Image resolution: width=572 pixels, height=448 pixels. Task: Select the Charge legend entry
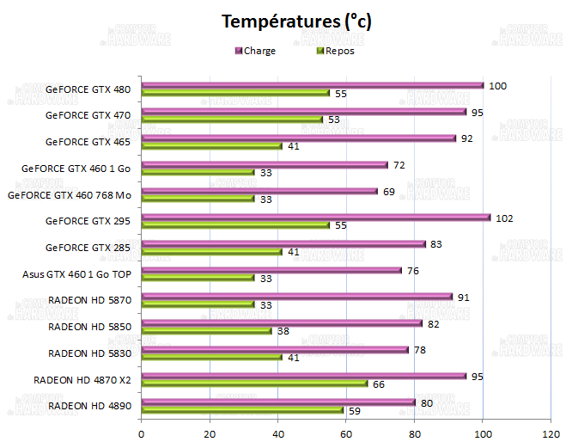259,51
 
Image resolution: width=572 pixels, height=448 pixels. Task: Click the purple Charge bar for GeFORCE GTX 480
312,85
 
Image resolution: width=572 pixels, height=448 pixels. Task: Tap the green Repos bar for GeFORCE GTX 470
232,120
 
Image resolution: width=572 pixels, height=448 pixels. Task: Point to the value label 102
504,218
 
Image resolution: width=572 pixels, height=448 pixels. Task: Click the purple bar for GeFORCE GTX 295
315,218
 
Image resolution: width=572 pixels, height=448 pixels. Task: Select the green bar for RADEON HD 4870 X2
254,384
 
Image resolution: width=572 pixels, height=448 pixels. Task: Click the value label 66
379,384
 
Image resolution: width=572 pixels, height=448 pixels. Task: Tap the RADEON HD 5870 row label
91,301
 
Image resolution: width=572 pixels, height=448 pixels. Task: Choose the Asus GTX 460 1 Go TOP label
77,275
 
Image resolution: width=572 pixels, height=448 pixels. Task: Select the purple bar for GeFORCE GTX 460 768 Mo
259,191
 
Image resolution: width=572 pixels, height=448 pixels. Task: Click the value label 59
355,410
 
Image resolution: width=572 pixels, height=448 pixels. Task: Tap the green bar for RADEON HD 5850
206,331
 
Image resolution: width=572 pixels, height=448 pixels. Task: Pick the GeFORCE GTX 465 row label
88,142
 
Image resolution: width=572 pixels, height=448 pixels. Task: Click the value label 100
497,86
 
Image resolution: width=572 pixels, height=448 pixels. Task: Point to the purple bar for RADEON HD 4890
278,402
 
